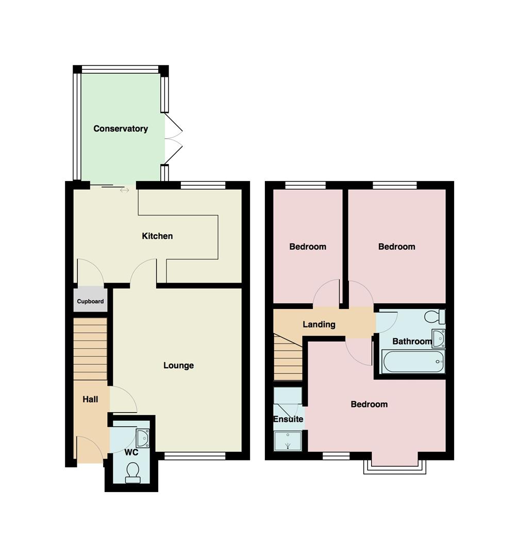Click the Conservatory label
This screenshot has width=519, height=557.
pos(120,128)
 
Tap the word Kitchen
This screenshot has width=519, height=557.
pos(157,236)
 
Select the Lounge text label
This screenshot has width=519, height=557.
pos(178,366)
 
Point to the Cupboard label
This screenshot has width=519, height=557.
pos(90,301)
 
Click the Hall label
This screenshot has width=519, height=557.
pos(90,399)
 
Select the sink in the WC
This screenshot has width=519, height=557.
pos(143,438)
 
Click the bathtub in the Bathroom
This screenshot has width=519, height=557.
pos(413,362)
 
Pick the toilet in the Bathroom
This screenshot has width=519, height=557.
pos(434,317)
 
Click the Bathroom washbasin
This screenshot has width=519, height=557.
pos(439,338)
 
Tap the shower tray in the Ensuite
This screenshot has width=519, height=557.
pos(288,441)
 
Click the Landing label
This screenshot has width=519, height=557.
pos(319,324)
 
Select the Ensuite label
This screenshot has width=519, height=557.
pos(288,419)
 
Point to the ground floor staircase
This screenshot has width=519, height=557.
pos(90,349)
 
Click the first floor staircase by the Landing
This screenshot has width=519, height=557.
pos(288,357)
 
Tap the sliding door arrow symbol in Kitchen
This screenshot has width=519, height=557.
pos(124,190)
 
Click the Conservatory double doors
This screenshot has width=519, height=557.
pos(174,139)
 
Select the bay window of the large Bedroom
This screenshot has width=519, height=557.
pos(395,467)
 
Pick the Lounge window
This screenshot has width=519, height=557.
pos(195,456)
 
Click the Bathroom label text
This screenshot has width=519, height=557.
pos(412,341)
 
